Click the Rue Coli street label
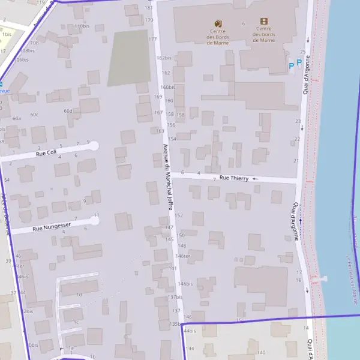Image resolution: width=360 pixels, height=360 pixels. pos(46,153)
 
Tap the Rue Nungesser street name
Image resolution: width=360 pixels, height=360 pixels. pos(52,226)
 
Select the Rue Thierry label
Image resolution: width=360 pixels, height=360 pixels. pos(233,178)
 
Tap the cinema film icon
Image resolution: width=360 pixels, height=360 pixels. pos(264,21)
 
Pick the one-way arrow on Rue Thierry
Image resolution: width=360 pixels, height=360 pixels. pos(255,179)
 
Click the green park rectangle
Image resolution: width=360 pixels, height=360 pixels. pos(128,58)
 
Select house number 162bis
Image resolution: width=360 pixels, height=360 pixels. pos(164,58)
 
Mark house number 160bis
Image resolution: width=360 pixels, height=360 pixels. pos(167,87)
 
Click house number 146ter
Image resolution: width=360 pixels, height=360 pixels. pos(182,256)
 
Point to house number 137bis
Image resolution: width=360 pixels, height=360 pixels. pos(175,297)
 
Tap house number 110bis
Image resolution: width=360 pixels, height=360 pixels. pos(82,26)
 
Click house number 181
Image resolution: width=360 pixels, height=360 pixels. pos(149,7)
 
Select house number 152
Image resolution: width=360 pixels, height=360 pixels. pos(178,215)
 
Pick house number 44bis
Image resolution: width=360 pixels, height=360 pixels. pos(190,331)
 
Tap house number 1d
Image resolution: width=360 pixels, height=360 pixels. pos(79,295)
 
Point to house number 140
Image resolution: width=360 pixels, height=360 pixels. pos(261,352)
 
